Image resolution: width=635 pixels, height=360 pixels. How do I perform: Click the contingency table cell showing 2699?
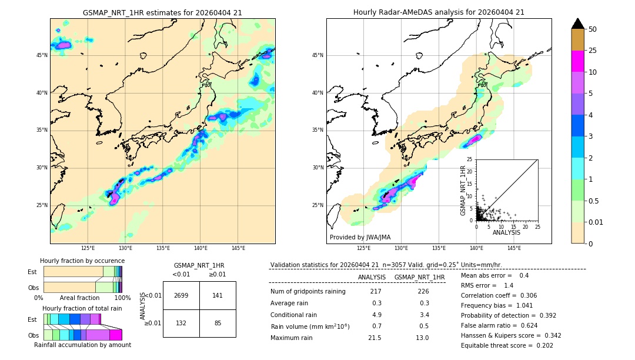click(181, 295)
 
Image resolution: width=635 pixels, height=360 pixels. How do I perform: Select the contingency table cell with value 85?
click(218, 323)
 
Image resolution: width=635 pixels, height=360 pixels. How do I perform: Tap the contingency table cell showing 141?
click(218, 295)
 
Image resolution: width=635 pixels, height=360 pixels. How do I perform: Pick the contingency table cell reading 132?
click(181, 323)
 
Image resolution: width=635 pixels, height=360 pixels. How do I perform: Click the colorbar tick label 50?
click(593, 29)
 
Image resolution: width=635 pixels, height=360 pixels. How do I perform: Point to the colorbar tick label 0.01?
click(596, 222)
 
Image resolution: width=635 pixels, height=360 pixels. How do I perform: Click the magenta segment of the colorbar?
click(578, 61)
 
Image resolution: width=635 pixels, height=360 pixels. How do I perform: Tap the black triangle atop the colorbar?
click(578, 24)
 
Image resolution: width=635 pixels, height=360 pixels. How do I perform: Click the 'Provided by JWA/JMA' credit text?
click(359, 237)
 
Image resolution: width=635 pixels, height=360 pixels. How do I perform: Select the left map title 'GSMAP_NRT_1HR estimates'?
click(162, 12)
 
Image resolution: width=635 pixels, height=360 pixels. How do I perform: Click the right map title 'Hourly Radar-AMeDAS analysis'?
click(439, 12)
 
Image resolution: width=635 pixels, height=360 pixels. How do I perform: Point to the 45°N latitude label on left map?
click(42, 55)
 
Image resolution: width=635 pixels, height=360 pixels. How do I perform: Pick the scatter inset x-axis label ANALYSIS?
click(506, 232)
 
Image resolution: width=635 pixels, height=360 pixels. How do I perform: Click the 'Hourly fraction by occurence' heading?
click(82, 261)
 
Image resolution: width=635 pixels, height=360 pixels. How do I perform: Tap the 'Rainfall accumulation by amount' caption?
click(82, 345)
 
